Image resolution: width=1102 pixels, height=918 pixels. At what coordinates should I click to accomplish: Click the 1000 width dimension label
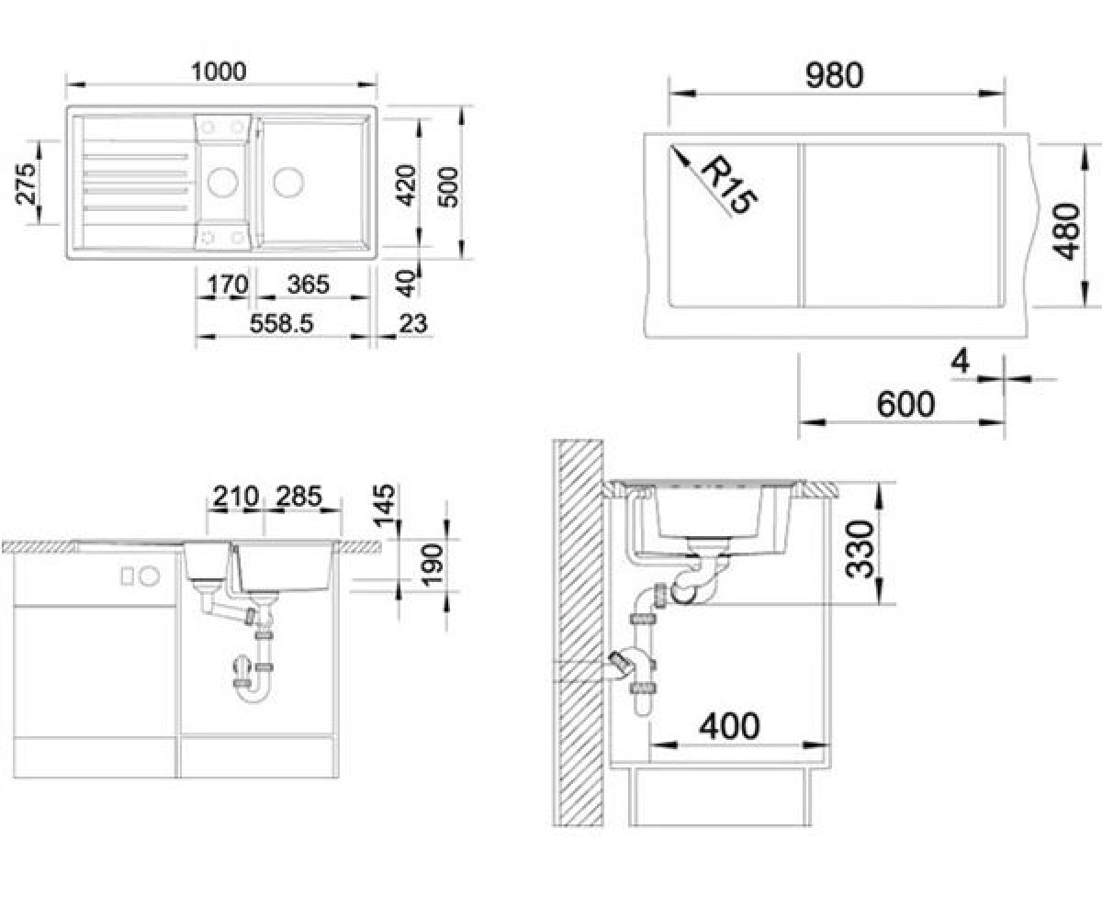click(x=219, y=72)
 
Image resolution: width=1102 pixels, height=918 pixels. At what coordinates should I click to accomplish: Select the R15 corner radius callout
click(x=729, y=185)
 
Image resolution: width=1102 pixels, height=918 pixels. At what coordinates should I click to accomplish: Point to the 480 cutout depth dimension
click(x=1065, y=231)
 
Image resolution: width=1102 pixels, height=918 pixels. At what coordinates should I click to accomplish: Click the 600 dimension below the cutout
click(x=905, y=404)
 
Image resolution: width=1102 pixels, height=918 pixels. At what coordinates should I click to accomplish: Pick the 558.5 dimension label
click(x=281, y=323)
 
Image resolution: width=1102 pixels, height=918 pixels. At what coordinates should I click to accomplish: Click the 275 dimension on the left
click(x=26, y=183)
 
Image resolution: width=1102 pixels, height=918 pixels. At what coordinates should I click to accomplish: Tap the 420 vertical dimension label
click(x=407, y=185)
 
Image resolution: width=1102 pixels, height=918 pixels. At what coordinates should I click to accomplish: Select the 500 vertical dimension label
click(x=449, y=186)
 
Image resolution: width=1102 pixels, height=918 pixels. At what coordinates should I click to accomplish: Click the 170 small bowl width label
click(x=227, y=285)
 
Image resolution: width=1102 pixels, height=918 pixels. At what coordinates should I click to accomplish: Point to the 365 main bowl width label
click(x=309, y=285)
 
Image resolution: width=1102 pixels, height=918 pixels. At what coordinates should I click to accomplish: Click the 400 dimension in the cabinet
click(x=729, y=726)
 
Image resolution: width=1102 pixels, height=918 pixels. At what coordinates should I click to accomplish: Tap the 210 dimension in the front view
click(x=236, y=496)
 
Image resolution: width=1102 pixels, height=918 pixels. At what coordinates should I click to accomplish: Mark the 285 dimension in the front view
click(x=298, y=496)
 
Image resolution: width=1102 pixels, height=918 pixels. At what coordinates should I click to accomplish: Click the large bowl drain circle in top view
click(x=288, y=183)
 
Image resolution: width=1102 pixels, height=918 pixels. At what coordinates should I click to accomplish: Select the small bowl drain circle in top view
click(x=223, y=182)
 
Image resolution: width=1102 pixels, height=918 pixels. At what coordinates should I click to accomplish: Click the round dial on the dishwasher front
click(x=150, y=576)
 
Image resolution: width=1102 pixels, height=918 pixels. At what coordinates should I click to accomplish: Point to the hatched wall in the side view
click(x=578, y=633)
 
